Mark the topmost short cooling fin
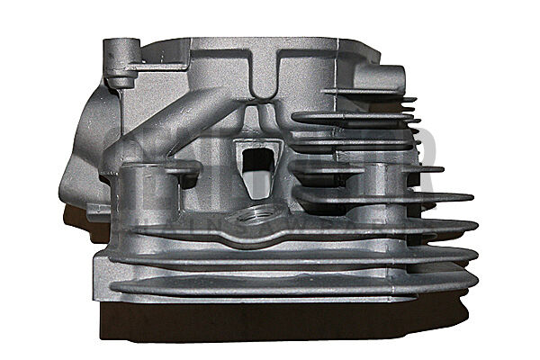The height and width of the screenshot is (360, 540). (369, 95)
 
